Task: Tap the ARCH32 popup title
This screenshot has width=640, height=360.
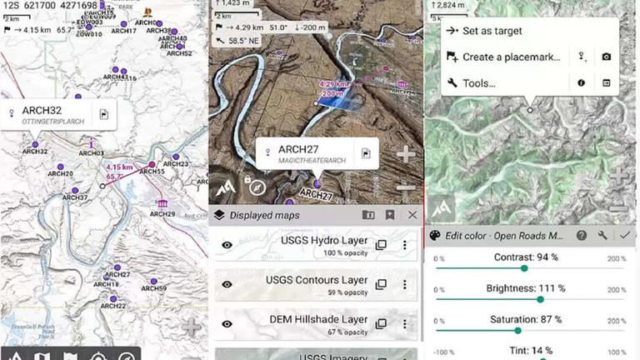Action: point(41,110)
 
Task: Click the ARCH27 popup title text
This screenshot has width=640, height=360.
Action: point(299,149)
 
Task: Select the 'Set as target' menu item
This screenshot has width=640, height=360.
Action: point(492,31)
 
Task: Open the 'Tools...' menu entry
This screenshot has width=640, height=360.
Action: point(479,83)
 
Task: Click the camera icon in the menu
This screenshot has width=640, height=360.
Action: point(607,57)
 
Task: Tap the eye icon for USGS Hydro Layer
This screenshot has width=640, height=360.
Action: point(227,245)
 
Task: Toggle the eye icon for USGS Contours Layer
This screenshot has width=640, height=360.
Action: point(227,284)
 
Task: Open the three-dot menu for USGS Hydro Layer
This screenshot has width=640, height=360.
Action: point(405,245)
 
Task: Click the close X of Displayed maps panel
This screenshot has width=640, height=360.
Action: point(412,215)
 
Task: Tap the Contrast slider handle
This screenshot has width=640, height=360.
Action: point(524,268)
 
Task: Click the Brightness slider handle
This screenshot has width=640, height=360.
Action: point(540,299)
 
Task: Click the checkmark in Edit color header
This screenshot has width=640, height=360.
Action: point(625,236)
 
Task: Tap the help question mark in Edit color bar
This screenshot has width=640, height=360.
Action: point(582,236)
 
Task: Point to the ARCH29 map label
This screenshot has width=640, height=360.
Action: point(162,214)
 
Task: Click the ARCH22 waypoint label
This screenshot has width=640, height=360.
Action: point(113,306)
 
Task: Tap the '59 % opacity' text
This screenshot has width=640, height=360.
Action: point(346,292)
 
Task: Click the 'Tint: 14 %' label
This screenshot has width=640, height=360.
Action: point(532,352)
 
